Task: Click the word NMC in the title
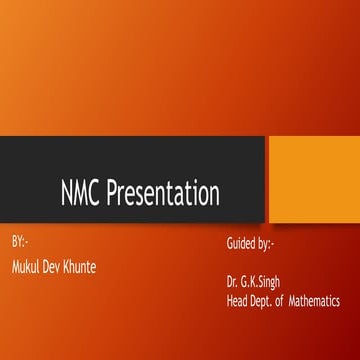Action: click(x=84, y=191)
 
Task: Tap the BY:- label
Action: click(x=19, y=244)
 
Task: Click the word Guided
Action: click(x=244, y=245)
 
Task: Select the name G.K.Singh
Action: click(x=265, y=283)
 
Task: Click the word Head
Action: click(x=238, y=300)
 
